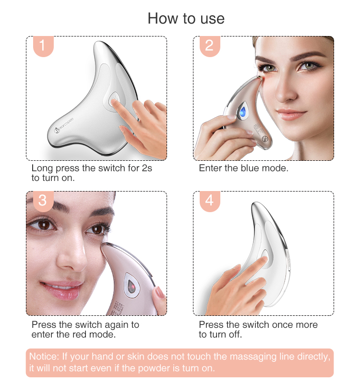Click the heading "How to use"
coord(186,18)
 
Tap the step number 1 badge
coord(42,46)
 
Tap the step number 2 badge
coord(209,46)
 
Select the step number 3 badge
coord(42,200)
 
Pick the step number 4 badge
coord(209,200)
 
